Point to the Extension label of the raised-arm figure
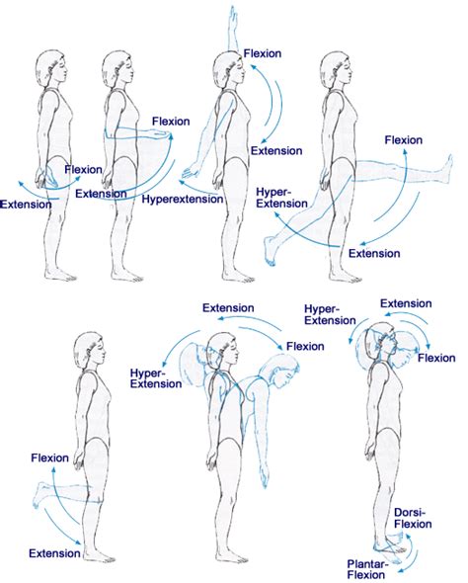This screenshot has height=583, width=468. tap(275, 150)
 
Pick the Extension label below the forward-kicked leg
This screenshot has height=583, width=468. tap(374, 253)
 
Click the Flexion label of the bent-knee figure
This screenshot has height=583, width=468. tap(49, 458)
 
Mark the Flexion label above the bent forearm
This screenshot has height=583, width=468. tap(169, 123)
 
